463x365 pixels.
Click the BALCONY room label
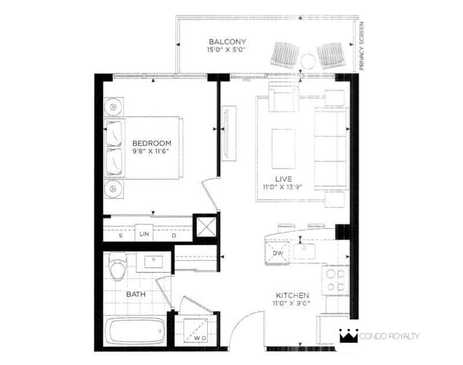227,42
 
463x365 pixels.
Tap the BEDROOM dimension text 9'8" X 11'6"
152,151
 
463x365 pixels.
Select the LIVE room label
284,179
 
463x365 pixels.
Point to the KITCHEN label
292,295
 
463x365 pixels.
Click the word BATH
136,294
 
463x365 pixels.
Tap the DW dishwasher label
278,253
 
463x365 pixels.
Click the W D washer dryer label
200,338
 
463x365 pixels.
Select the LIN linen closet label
144,234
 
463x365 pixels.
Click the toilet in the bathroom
117,266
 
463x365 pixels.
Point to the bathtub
135,331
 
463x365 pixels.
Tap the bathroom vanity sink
153,262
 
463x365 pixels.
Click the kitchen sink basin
304,251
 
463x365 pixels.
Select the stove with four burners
336,280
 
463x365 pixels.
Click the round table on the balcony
308,62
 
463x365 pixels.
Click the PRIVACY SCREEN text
362,46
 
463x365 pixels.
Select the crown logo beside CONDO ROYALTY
348,336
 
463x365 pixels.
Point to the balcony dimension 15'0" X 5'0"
226,50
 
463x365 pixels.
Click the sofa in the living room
330,148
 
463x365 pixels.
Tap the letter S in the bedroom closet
120,236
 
